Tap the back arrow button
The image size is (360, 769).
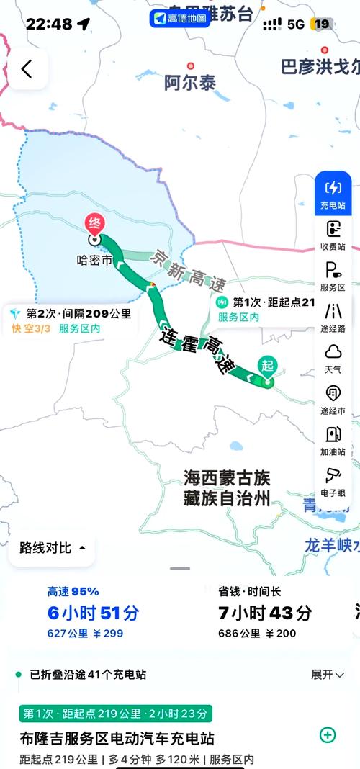click(x=27, y=69)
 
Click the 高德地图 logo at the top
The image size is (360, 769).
click(x=180, y=18)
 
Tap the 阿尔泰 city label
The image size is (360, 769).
click(x=190, y=83)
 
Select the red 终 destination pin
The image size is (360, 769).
click(x=94, y=224)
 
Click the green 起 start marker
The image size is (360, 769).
click(x=268, y=367)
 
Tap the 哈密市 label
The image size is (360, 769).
click(x=94, y=261)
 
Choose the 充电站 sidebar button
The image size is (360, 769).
click(x=333, y=194)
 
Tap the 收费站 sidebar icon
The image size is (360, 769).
click(x=333, y=235)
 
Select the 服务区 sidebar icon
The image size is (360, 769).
click(x=333, y=276)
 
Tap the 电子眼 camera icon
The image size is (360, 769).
click(x=333, y=480)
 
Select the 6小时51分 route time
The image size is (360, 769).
click(x=94, y=613)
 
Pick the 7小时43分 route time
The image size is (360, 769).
click(x=265, y=613)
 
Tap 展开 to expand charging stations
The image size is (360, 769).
click(x=328, y=675)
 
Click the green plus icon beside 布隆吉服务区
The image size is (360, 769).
click(x=328, y=734)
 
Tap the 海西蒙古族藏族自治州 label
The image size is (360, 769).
click(x=226, y=487)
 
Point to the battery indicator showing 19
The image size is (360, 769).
click(x=321, y=24)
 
